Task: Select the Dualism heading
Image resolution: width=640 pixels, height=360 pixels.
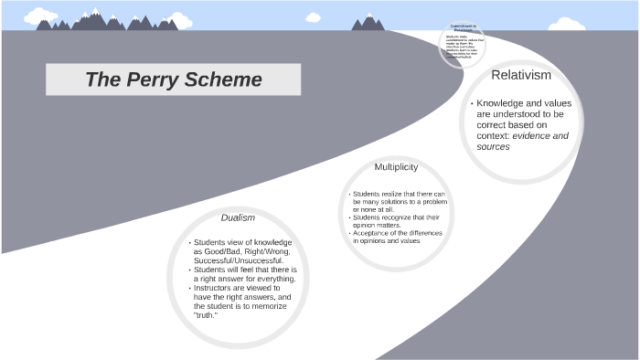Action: (238, 217)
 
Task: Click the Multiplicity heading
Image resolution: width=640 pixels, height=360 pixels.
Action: (396, 167)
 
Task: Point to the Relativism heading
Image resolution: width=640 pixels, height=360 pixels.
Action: (521, 74)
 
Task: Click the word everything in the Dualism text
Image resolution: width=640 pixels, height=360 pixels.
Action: (275, 279)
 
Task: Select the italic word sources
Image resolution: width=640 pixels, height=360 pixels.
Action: (494, 146)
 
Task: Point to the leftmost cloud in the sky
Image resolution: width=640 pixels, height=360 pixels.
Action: (39, 16)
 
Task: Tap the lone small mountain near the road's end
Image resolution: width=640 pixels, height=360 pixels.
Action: (368, 23)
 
